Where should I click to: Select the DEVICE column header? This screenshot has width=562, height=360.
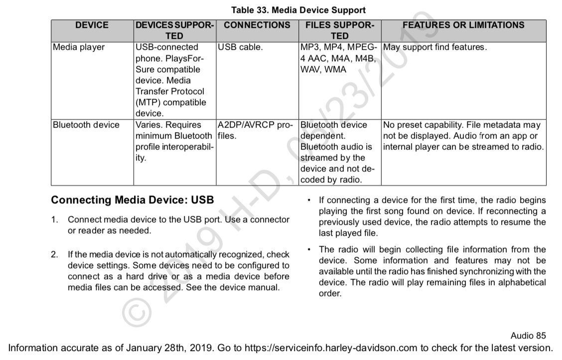point(92,25)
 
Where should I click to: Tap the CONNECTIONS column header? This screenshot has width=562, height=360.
point(257,25)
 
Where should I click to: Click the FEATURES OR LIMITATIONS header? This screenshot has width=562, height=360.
point(463,25)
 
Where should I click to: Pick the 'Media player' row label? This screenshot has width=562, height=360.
point(79,47)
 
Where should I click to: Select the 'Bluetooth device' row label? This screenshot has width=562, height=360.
point(86,125)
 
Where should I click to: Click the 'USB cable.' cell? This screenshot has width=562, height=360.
point(240,47)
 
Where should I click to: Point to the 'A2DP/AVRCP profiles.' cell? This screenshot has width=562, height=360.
point(255,130)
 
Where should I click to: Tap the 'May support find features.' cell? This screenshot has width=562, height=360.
point(434,47)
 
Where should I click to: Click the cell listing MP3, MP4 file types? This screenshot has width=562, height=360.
point(339,58)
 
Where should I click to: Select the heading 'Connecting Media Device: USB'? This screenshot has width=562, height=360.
point(133,200)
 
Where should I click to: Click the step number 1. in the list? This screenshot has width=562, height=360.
point(55,220)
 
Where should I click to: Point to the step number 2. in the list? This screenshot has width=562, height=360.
point(55,255)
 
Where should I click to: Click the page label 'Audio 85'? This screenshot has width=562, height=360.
point(528,336)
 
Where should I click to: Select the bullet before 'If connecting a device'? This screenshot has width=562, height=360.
point(309,200)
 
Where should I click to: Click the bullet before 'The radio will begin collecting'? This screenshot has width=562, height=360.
point(309,249)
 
